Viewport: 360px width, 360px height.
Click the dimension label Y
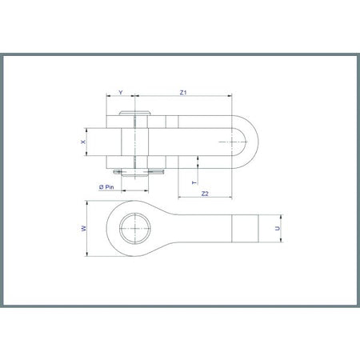coord(121,93)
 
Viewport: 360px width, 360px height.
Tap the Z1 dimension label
coord(183,93)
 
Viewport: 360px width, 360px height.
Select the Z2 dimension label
coord(205,194)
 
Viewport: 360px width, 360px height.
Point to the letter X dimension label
coord(83,142)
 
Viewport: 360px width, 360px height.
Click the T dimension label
coord(194,182)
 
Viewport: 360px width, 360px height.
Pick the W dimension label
coord(84,229)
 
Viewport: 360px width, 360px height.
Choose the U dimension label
coord(278,229)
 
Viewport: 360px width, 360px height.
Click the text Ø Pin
coord(106,187)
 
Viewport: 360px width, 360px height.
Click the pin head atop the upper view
coord(134,113)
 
